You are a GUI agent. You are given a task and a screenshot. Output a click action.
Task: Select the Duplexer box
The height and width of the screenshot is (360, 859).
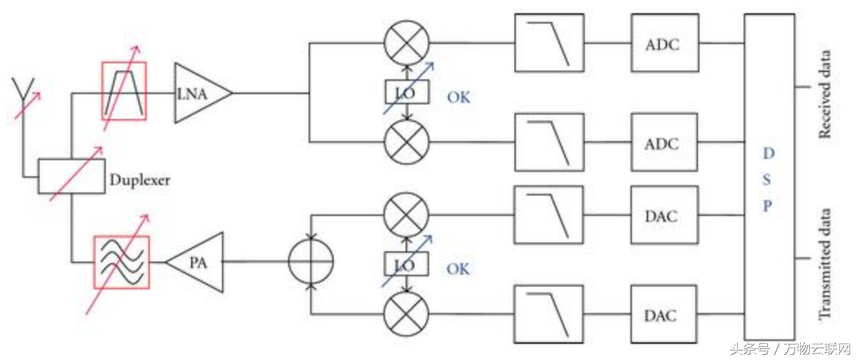coord(71,176)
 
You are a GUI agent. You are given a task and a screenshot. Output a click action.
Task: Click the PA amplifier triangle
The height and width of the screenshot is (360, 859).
coord(198,262)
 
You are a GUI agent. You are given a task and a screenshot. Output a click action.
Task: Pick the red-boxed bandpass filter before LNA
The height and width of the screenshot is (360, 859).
coord(123,91)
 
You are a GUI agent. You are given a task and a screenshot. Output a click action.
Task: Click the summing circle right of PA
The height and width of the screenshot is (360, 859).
coord(311,262)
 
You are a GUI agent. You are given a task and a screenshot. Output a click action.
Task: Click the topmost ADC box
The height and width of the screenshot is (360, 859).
coord(663,43)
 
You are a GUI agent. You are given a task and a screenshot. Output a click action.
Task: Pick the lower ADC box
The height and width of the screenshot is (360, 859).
coord(663,143)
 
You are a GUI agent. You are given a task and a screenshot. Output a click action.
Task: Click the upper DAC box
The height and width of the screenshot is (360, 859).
coord(663,217)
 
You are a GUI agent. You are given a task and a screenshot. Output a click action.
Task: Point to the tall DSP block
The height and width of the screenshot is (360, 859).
coord(769,176)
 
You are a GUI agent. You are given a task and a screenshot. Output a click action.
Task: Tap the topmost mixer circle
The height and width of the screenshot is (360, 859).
coord(406,43)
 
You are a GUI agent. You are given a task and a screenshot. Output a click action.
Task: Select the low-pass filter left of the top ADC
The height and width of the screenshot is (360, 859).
coord(549,43)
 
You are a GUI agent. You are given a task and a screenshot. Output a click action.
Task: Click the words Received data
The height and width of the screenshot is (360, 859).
coord(827,94)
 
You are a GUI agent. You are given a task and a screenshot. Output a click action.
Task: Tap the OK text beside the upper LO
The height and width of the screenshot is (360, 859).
coord(458,97)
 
